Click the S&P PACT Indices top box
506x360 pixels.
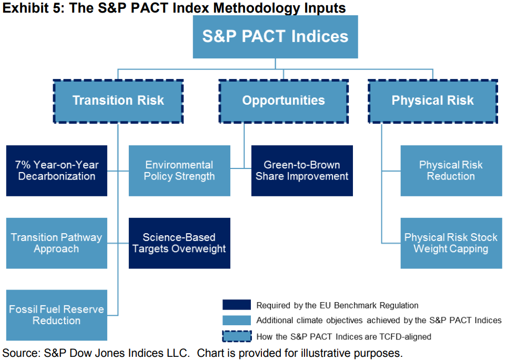click(x=275, y=37)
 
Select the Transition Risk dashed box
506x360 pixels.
click(x=118, y=102)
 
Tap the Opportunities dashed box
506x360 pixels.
click(x=284, y=102)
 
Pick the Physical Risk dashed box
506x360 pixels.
click(x=433, y=102)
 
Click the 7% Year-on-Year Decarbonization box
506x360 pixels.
click(x=57, y=171)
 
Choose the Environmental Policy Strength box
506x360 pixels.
click(x=179, y=171)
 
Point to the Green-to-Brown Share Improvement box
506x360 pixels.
click(x=302, y=171)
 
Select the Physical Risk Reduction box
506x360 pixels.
click(x=451, y=171)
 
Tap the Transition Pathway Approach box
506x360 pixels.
click(x=57, y=243)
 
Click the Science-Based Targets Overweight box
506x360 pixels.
click(x=179, y=243)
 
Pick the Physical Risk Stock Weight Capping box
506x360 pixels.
click(x=451, y=243)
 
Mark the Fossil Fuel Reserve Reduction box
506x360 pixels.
click(x=57, y=315)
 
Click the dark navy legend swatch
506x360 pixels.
click(x=237, y=305)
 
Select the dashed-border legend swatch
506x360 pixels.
click(x=237, y=336)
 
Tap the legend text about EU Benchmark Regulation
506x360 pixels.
click(x=337, y=305)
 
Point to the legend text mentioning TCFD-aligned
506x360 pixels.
click(x=343, y=337)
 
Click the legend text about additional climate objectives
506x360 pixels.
click(x=379, y=321)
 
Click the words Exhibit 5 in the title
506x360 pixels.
click(x=32, y=8)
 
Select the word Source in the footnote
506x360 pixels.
click(x=21, y=353)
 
